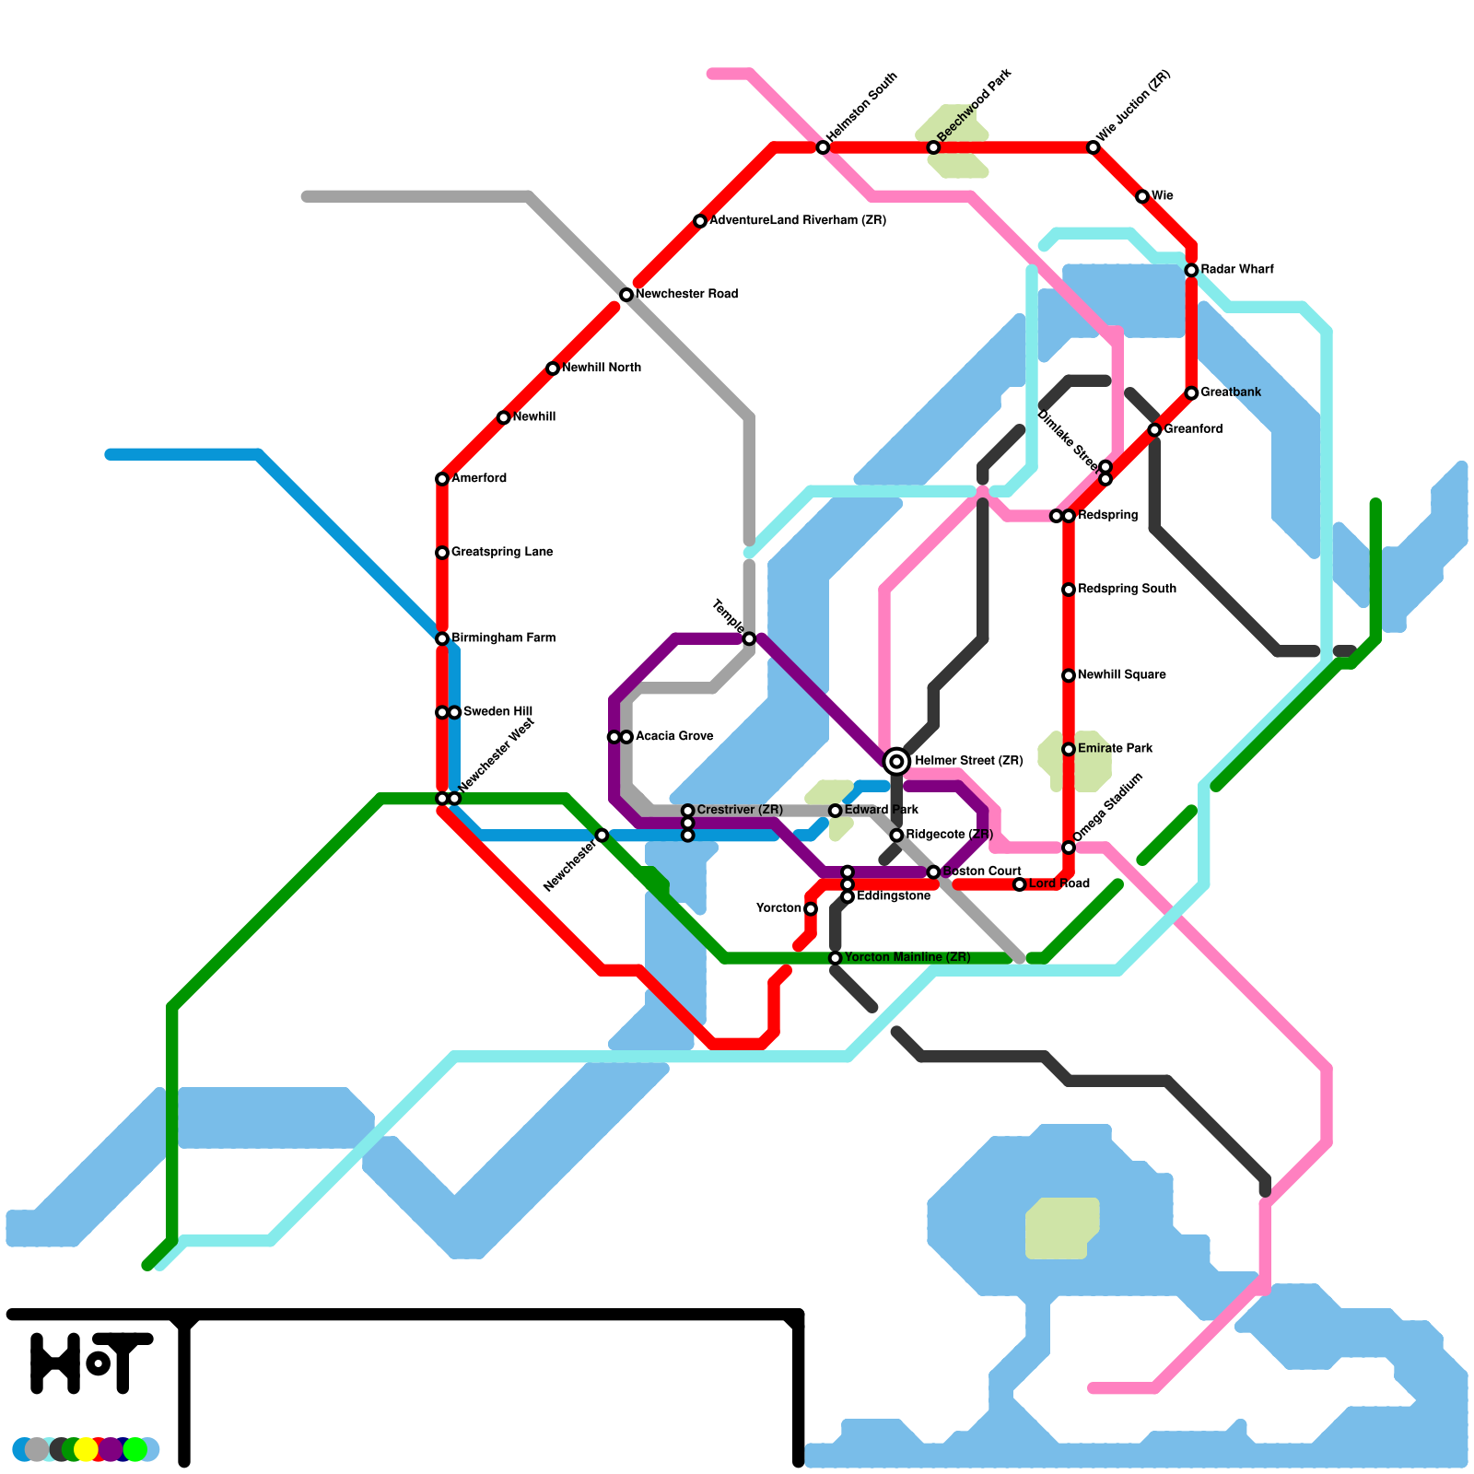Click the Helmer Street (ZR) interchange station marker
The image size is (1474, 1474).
pos(896,761)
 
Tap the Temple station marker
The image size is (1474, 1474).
pos(749,638)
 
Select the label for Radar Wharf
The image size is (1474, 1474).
pos(1236,270)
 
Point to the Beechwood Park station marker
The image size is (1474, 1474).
pos(933,147)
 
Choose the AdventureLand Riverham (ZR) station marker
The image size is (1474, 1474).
pos(700,221)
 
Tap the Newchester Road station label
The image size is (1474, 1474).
pos(686,295)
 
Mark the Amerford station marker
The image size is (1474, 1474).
pos(442,479)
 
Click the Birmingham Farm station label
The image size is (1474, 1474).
pos(503,638)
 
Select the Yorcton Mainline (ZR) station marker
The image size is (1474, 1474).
pos(836,958)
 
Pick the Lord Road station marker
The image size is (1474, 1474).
pos(1019,884)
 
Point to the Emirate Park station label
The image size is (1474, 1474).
pos(1115,749)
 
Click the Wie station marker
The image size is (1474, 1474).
pos(1142,196)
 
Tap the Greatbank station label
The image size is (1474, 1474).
pos(1231,392)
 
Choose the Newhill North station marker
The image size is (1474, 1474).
pos(553,368)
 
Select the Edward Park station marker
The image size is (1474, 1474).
pos(836,811)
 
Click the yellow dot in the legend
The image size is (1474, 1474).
pos(86,1449)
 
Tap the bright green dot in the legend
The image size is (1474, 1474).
pos(135,1449)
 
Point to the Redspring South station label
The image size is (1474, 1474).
pos(1127,590)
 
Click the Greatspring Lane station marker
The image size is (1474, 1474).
pos(442,553)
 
